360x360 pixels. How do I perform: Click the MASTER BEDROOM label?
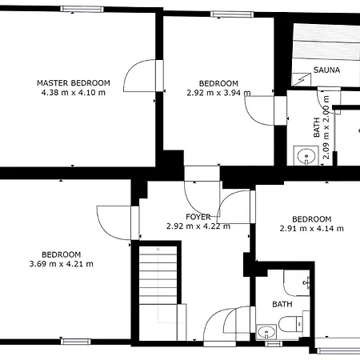coord(74,83)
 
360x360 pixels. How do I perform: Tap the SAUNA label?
coord(326,70)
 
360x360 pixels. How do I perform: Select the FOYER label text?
coord(198,217)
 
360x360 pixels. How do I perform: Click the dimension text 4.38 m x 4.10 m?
coord(74,93)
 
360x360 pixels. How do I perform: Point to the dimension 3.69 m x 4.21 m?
coord(62,264)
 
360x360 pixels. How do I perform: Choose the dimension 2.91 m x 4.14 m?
coord(312,229)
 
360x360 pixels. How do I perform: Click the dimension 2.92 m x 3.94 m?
coord(218,93)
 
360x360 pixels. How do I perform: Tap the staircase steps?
coord(158,275)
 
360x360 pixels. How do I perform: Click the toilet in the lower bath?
coord(290,324)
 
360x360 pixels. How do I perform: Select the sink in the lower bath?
coord(266,332)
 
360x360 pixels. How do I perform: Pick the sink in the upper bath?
coord(306,156)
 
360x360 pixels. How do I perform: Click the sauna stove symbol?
coord(302,79)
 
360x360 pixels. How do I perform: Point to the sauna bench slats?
coord(326,42)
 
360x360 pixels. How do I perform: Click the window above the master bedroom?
coord(82,10)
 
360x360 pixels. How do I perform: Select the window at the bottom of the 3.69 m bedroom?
coord(76,342)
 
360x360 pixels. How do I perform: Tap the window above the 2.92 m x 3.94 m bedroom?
coord(232,14)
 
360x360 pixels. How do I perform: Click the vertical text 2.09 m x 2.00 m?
coord(326,127)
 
